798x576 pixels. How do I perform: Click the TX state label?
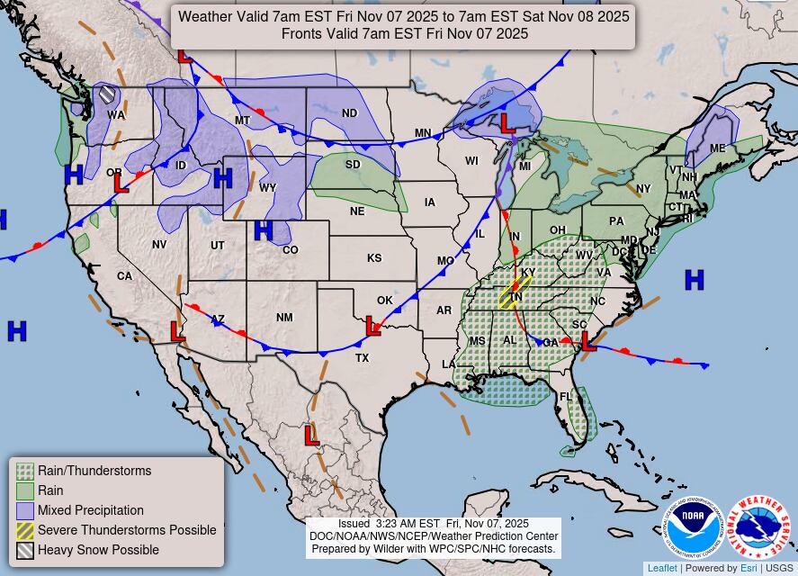(363, 357)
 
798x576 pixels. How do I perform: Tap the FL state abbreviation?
(565, 397)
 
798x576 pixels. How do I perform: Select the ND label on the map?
(349, 113)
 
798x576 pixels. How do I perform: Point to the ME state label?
(717, 148)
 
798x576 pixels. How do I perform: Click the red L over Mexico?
(311, 436)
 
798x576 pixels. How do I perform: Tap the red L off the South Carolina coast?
(587, 341)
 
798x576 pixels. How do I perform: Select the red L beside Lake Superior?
(508, 122)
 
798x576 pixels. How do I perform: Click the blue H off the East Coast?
(694, 280)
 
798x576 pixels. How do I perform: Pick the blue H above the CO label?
(263, 231)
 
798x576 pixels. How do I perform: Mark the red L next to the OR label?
(121, 183)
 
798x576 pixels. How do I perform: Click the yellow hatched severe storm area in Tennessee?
(514, 292)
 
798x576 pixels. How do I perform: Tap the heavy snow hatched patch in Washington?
(107, 94)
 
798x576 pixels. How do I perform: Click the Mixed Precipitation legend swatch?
(25, 510)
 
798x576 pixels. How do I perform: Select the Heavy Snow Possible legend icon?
(25, 550)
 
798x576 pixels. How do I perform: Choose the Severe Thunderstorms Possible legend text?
(127, 530)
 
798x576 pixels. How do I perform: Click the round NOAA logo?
(693, 526)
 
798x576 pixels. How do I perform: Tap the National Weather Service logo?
(758, 526)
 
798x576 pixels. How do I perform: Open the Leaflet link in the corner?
(662, 568)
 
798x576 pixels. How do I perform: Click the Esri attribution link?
(749, 568)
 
